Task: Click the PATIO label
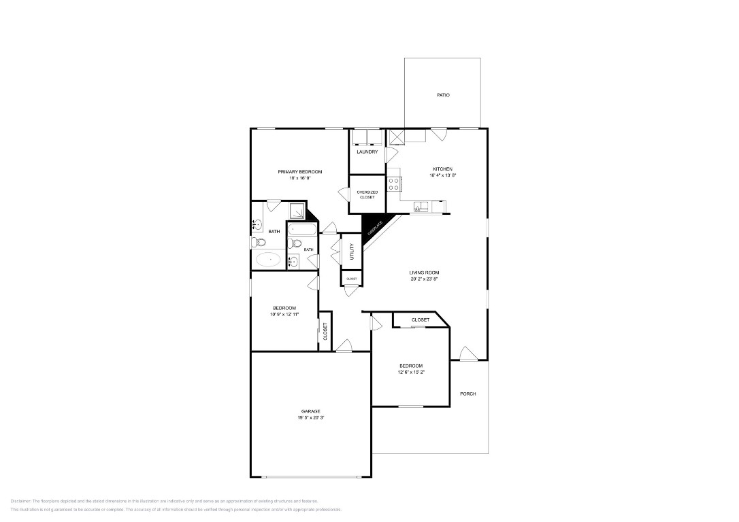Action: click(443, 95)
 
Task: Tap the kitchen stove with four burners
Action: click(394, 184)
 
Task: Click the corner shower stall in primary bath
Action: click(298, 211)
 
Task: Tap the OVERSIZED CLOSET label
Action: click(367, 194)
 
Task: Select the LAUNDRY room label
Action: click(367, 152)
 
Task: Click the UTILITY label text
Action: click(352, 252)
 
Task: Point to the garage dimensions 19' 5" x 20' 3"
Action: click(310, 417)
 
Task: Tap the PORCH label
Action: click(468, 394)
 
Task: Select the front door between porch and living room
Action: click(467, 353)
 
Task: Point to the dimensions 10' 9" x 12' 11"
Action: click(284, 314)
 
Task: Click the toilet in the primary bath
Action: click(256, 242)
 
